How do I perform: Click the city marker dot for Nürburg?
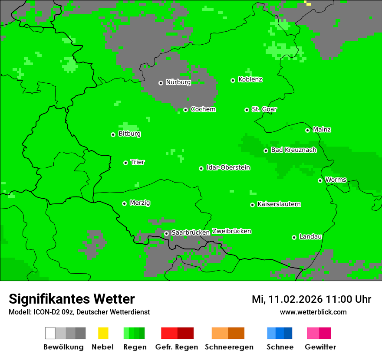161,83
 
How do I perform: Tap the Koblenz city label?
250,80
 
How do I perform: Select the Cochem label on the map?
203,109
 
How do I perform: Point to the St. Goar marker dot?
247,110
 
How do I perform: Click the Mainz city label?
322,130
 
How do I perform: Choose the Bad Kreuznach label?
293,150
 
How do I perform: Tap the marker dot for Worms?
320,180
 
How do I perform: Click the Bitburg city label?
129,134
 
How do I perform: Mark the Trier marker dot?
125,163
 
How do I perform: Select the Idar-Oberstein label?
228,168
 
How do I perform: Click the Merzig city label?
140,203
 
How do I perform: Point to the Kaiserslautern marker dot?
252,205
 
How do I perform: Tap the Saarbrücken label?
191,232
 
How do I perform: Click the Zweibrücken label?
231,231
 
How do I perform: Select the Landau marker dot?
294,237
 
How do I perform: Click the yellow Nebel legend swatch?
103,333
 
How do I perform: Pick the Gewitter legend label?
320,347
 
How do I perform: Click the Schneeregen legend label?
229,347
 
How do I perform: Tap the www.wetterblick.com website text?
313,312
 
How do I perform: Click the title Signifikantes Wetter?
72,299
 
